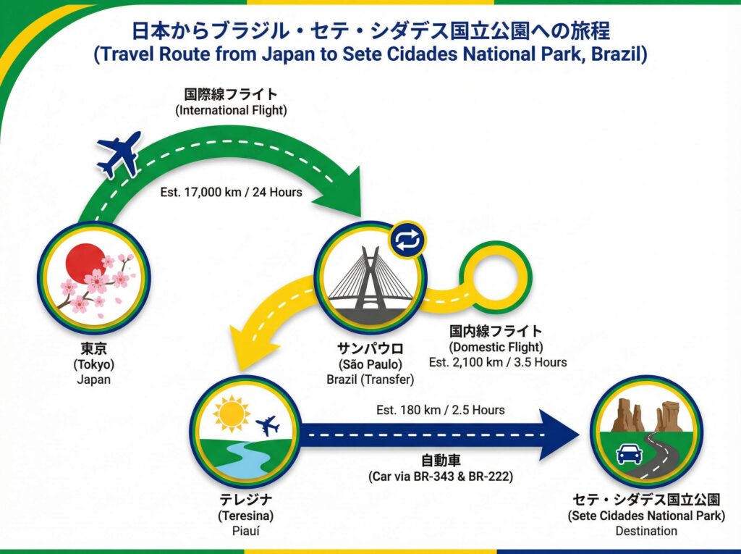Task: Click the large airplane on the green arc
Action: [x=119, y=154]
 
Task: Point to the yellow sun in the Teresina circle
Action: [x=231, y=414]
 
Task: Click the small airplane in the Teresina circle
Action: [x=268, y=426]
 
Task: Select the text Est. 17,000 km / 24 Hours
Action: [x=231, y=193]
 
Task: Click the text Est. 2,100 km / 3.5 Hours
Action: [x=497, y=362]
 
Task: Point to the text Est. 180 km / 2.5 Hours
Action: [x=440, y=410]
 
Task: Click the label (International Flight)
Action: [x=231, y=110]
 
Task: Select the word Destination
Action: [x=646, y=531]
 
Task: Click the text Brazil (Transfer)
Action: [x=370, y=378]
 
